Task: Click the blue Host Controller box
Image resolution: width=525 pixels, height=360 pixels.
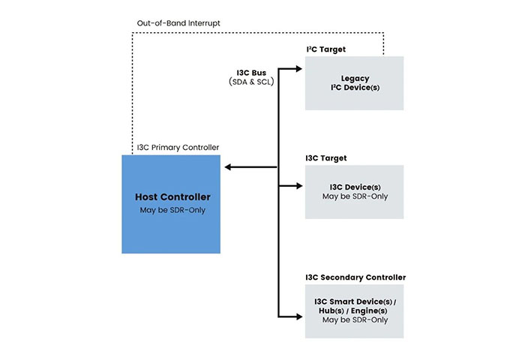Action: (171, 225)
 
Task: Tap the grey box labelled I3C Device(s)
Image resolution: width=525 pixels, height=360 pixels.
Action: (354, 191)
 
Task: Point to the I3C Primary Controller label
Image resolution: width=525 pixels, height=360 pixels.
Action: (178, 147)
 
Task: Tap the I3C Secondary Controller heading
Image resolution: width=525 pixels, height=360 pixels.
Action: (355, 277)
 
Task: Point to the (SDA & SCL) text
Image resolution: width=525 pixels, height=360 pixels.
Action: (251, 82)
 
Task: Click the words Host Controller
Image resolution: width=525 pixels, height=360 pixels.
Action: (172, 197)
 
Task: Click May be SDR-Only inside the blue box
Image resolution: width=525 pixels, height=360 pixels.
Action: (172, 210)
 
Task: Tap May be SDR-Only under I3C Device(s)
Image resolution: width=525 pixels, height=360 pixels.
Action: (355, 196)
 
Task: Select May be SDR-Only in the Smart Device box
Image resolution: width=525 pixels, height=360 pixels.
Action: (355, 320)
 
